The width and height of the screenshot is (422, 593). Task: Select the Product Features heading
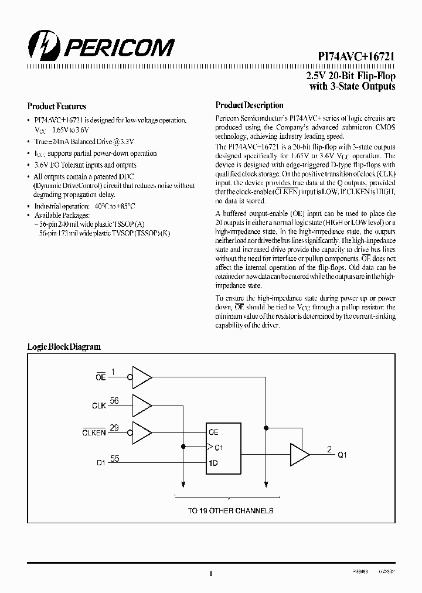click(x=57, y=107)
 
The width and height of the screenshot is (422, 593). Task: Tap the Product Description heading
click(x=249, y=105)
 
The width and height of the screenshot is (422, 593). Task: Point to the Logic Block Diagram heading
click(x=64, y=347)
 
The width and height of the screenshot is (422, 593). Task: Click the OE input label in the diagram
click(x=100, y=378)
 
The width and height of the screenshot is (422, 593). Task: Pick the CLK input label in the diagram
click(x=99, y=405)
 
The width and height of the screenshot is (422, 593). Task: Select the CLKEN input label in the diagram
click(x=94, y=433)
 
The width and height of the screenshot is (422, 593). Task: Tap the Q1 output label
click(x=342, y=455)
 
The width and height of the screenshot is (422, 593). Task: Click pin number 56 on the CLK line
click(x=114, y=401)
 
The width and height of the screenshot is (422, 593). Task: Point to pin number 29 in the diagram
click(x=114, y=428)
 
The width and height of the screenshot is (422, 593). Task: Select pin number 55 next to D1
click(x=114, y=458)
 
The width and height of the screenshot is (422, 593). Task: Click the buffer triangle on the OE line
click(x=142, y=376)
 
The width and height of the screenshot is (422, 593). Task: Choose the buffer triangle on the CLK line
click(x=142, y=404)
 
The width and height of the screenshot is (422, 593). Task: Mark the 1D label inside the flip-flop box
click(x=213, y=462)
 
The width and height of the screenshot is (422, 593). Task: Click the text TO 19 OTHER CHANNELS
click(x=230, y=510)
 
